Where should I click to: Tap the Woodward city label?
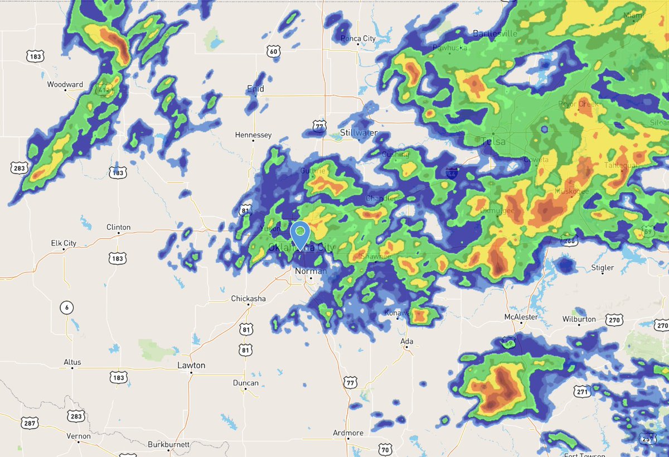tap(65, 85)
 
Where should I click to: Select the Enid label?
tap(255, 89)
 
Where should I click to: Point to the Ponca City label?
tap(358, 39)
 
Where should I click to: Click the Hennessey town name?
tap(253, 135)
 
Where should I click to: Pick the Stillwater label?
tap(358, 133)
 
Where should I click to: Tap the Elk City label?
tap(64, 243)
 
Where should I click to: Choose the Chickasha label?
tap(248, 299)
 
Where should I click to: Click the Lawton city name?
tap(191, 365)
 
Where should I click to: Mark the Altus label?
tap(72, 362)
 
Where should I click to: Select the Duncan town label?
tap(246, 383)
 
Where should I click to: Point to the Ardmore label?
tap(348, 433)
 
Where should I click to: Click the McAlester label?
tap(520, 317)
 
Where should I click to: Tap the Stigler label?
tap(603, 268)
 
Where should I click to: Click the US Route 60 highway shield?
tap(273, 52)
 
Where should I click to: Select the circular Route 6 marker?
tap(66, 308)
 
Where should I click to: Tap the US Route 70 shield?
tap(385, 450)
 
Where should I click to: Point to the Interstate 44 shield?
tap(452, 172)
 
